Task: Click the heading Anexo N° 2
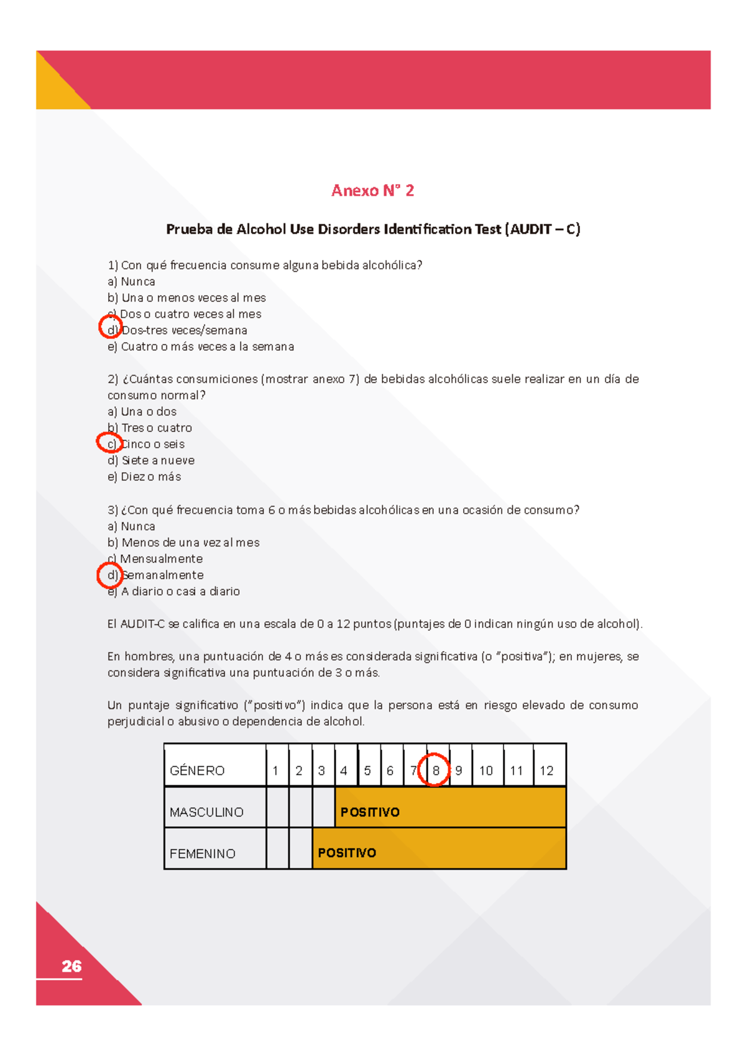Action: click(x=372, y=190)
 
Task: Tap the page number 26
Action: click(x=71, y=966)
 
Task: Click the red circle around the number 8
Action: click(x=435, y=770)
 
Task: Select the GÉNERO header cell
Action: click(x=197, y=771)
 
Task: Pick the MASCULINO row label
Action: click(x=206, y=812)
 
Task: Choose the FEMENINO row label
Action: click(x=203, y=853)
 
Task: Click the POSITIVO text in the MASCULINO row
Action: click(x=370, y=812)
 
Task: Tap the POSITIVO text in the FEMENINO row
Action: click(x=347, y=853)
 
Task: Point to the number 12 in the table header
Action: click(x=546, y=771)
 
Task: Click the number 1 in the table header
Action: click(x=275, y=771)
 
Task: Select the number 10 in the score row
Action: click(x=486, y=771)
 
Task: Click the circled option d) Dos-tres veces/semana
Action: click(x=177, y=330)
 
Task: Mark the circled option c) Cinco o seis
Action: click(x=146, y=444)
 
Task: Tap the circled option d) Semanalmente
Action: click(x=155, y=575)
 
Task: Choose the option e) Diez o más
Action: click(x=144, y=477)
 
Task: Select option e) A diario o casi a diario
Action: click(x=173, y=591)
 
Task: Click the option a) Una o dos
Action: click(x=142, y=412)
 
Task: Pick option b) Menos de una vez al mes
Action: click(x=183, y=542)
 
